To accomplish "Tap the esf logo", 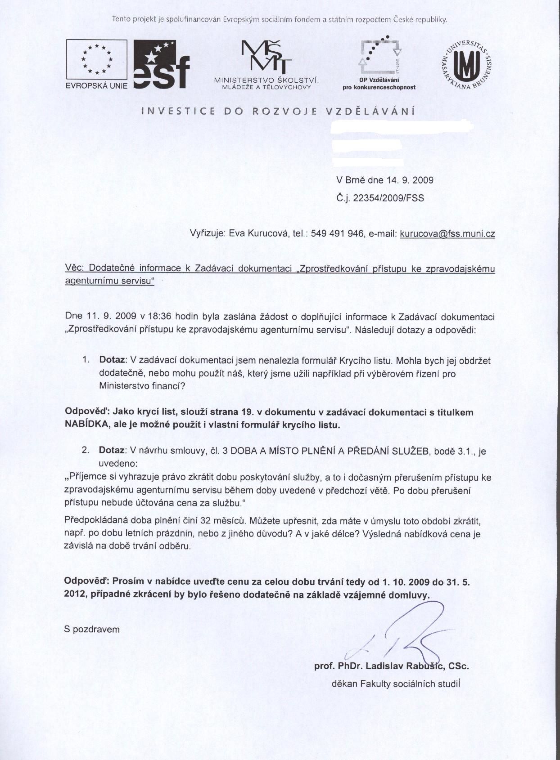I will point(161,64).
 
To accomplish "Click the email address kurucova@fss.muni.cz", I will point(447,234).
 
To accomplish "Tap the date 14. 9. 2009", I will point(409,180).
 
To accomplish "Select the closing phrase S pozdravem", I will point(92,630).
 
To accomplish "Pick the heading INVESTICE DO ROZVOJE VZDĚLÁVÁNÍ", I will point(278,112).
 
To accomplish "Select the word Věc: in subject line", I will point(75,268).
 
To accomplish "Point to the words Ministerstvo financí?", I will point(142,386).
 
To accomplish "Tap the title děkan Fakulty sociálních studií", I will point(396,684).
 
